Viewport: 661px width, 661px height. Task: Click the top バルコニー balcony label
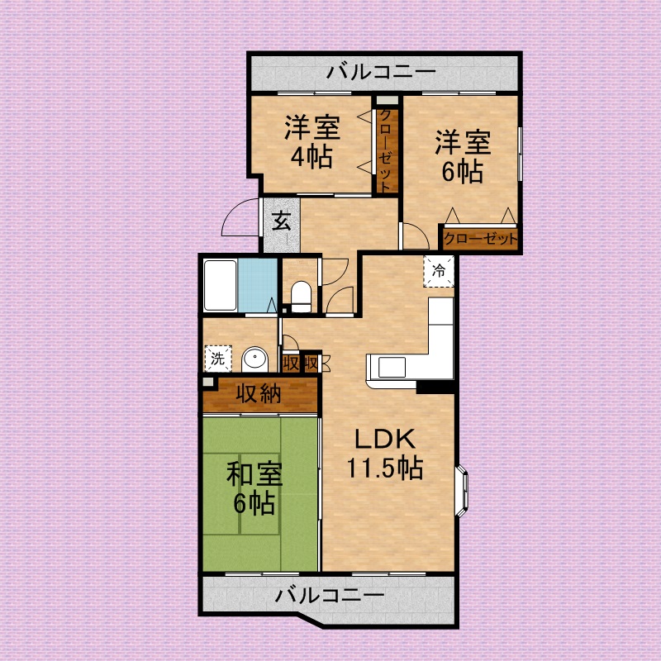click(380, 73)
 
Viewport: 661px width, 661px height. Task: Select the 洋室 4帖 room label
click(311, 142)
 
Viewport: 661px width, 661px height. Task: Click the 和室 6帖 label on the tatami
click(254, 487)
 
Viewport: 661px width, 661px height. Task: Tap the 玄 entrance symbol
click(281, 221)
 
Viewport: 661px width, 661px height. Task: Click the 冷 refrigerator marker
click(439, 269)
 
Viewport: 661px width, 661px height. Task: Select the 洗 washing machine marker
click(216, 359)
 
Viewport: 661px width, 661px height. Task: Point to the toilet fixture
click(301, 295)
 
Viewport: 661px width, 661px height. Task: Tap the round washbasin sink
click(257, 360)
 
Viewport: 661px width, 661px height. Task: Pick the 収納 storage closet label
click(259, 394)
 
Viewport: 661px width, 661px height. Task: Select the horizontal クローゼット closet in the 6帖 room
click(479, 239)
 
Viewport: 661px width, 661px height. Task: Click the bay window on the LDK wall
click(464, 492)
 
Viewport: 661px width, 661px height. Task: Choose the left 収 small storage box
click(291, 363)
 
